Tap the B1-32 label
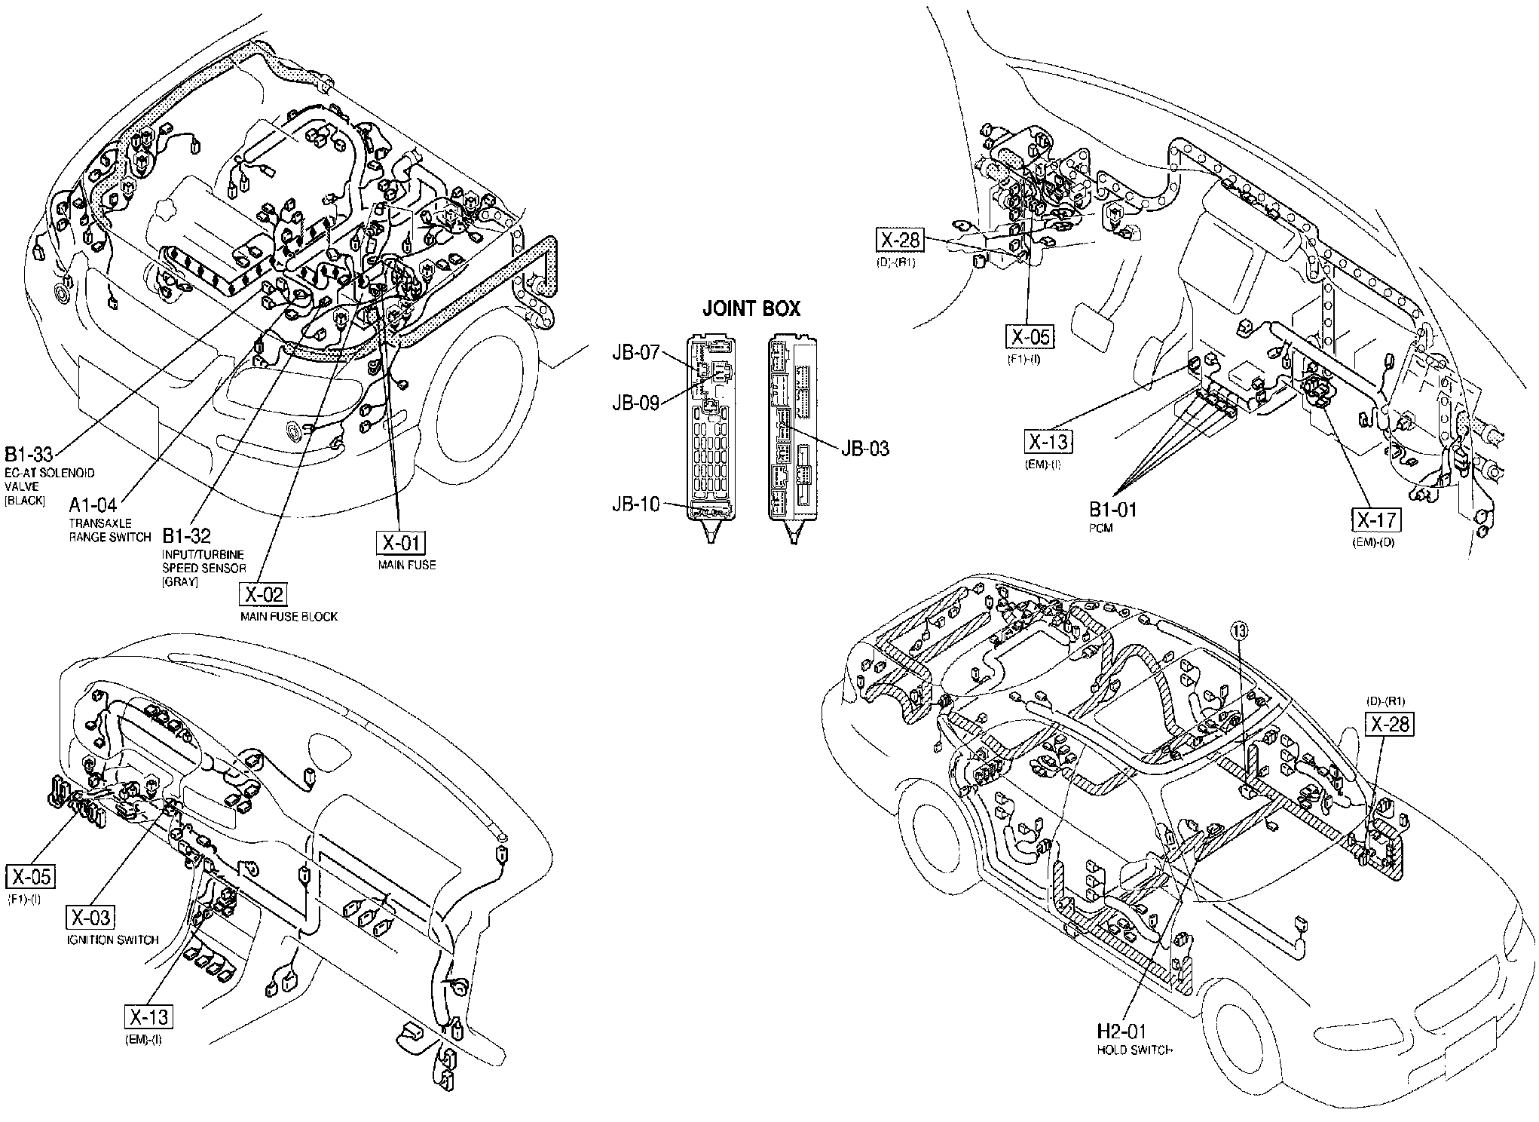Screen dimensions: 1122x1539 (x=186, y=536)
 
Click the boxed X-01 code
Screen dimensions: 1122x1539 (x=403, y=543)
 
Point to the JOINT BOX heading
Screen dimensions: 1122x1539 (x=751, y=308)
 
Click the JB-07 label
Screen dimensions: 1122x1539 (x=636, y=352)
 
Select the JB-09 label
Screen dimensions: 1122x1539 (x=636, y=403)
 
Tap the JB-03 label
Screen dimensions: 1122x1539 (x=865, y=449)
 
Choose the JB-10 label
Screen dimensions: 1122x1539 (x=636, y=504)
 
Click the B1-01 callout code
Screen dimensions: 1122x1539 (x=1112, y=510)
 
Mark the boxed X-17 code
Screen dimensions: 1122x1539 (x=1377, y=520)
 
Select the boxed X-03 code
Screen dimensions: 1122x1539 (x=90, y=917)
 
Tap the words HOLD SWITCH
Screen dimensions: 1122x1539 (x=1134, y=1050)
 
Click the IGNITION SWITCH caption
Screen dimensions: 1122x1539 (x=113, y=940)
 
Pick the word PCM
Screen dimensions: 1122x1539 (x=1101, y=529)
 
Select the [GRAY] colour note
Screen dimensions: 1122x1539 (x=179, y=581)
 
